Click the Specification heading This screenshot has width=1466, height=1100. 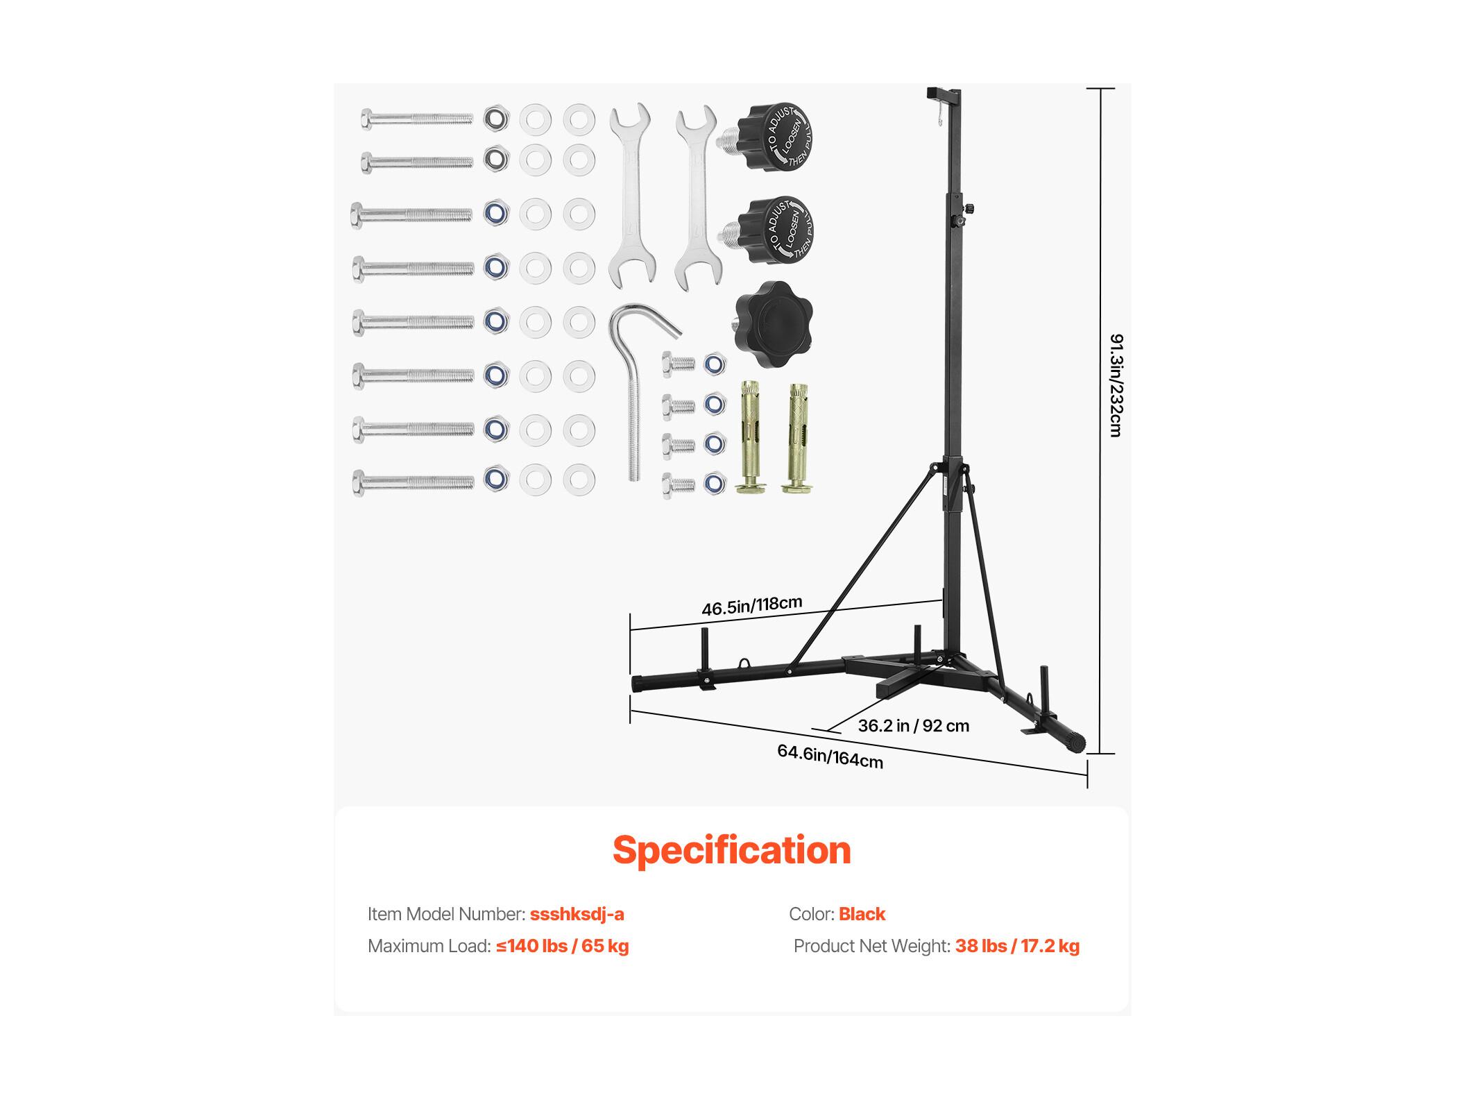coord(731,850)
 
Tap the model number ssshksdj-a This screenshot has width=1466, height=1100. coord(577,914)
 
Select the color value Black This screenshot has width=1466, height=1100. coord(862,914)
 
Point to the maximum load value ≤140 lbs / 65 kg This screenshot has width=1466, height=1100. coord(562,946)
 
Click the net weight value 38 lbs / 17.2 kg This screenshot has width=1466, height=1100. coord(1017,946)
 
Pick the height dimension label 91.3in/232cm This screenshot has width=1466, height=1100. coord(1116,385)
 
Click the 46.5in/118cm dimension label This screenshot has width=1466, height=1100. coord(751,607)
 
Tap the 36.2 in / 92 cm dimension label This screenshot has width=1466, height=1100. coord(913,726)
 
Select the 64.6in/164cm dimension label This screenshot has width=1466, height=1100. coord(830,756)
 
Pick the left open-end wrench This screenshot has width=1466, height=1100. coord(631,195)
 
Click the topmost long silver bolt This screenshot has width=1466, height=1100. coord(416,119)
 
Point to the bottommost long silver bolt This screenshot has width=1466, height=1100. coord(414,482)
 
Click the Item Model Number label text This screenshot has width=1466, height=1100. coord(446,914)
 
